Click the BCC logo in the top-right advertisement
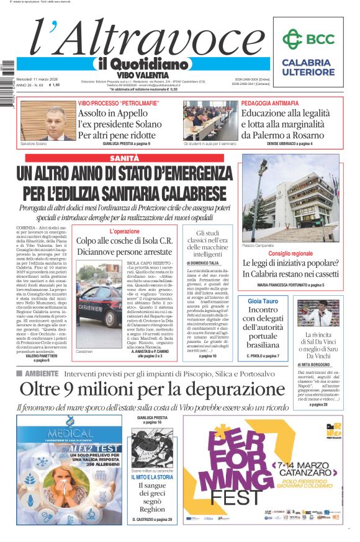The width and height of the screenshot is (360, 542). tap(308, 38)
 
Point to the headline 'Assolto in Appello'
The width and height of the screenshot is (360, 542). tap(116, 113)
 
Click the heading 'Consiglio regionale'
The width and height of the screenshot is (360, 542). tap(290, 254)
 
